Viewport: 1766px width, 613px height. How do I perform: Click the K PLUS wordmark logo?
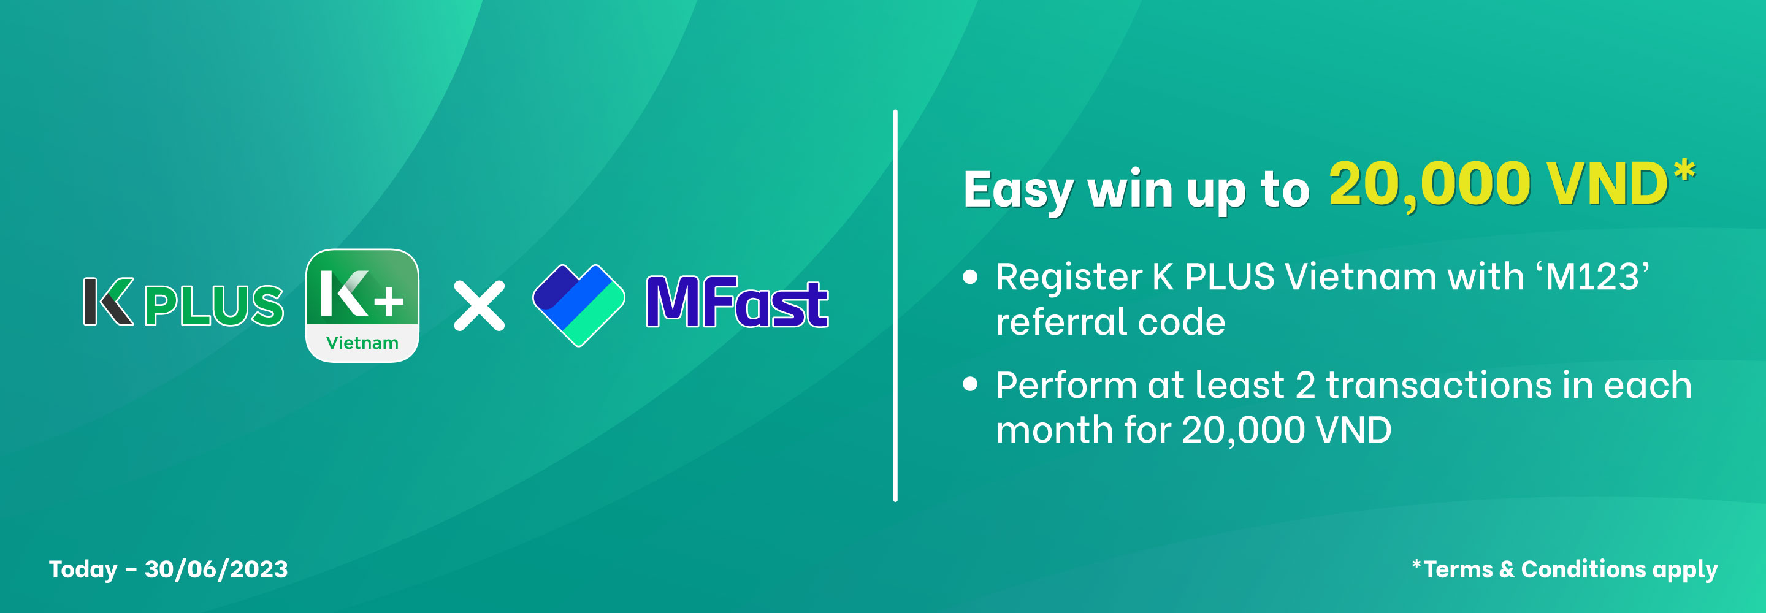pyautogui.click(x=183, y=302)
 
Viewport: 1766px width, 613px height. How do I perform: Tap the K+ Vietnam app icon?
pyautogui.click(x=362, y=305)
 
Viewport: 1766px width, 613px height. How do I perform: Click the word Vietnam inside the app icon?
pyautogui.click(x=362, y=342)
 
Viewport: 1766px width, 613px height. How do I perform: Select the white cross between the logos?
pyautogui.click(x=479, y=306)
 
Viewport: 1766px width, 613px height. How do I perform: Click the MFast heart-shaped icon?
pyautogui.click(x=579, y=305)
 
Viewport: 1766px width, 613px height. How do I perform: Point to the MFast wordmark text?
pyautogui.click(x=738, y=302)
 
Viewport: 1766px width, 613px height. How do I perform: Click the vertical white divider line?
pyautogui.click(x=895, y=306)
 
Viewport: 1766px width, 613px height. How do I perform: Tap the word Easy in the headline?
pyautogui.click(x=1019, y=191)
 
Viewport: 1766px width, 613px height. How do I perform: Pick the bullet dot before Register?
pyautogui.click(x=970, y=276)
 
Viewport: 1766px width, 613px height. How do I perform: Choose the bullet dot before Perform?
pyautogui.click(x=970, y=384)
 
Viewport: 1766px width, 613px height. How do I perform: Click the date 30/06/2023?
pyautogui.click(x=216, y=569)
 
